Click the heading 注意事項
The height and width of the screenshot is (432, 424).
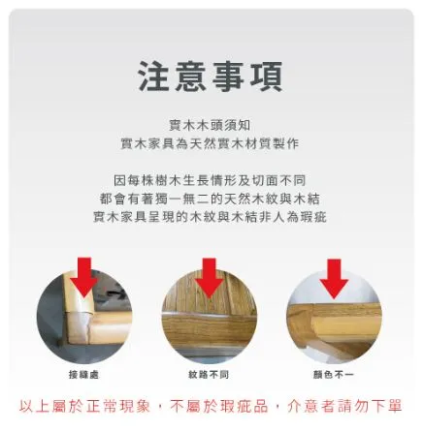(211, 77)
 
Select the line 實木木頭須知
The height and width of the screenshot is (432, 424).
(211, 125)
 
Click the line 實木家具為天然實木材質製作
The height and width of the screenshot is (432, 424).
(211, 142)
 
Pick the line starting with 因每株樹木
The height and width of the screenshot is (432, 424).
(211, 180)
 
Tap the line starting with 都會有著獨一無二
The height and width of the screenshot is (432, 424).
(211, 199)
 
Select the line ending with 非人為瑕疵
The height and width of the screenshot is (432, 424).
(211, 217)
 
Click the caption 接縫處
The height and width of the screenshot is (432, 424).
(84, 374)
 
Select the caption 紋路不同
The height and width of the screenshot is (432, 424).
(209, 374)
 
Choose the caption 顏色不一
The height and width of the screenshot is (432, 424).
(335, 374)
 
